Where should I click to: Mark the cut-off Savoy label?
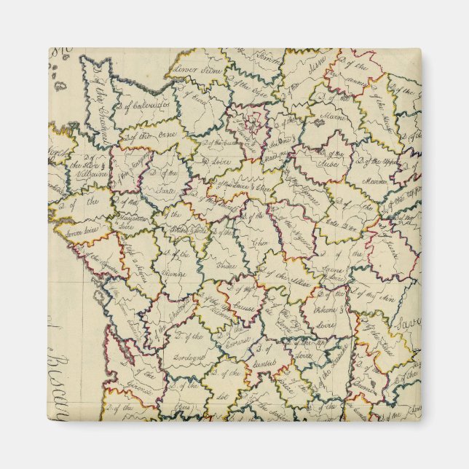[408, 320]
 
